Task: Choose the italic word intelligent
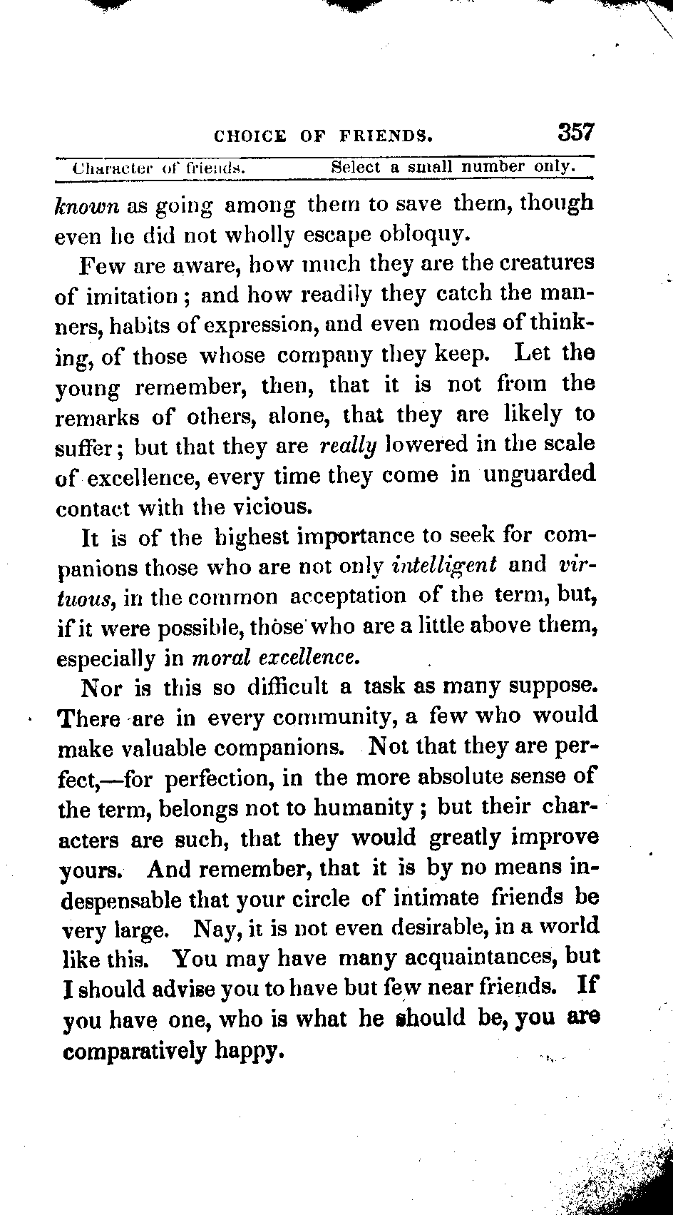tap(444, 566)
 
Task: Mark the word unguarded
tap(539, 474)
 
